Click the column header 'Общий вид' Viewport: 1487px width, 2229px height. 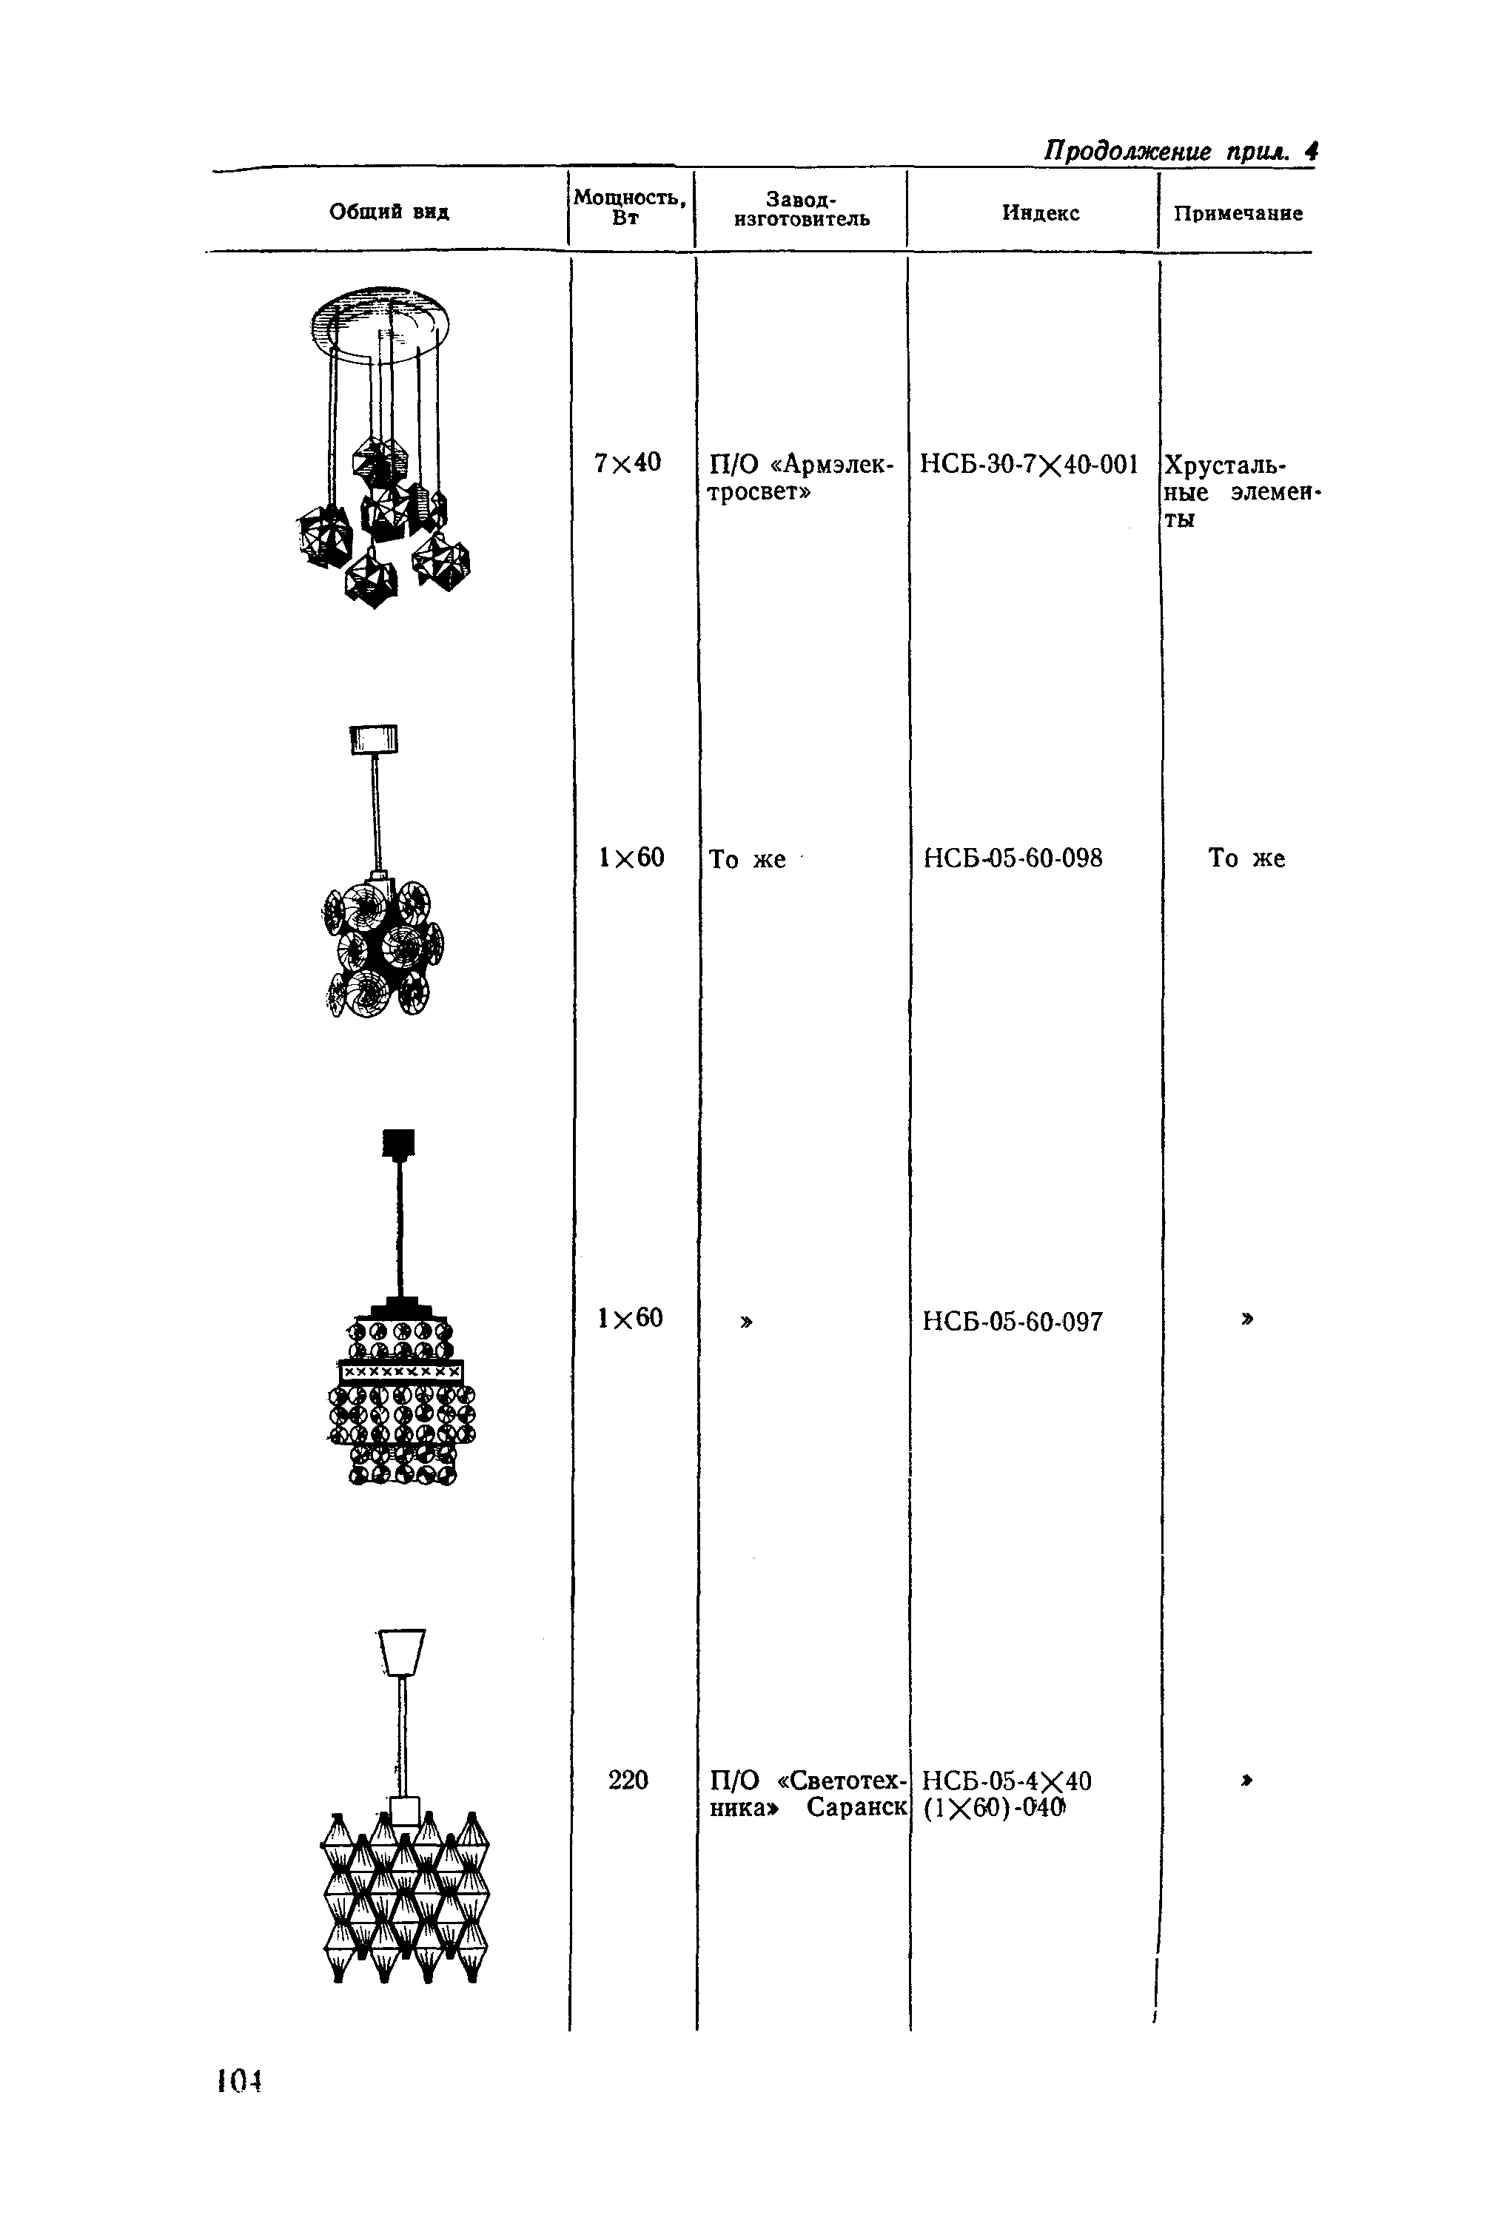389,212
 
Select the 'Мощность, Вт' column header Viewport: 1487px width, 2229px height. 628,206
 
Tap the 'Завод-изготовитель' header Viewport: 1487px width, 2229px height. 802,209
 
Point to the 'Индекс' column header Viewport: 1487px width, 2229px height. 1041,213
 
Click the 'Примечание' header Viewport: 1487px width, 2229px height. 1238,213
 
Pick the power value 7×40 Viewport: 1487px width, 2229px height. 627,463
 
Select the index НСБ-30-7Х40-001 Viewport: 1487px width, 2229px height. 1029,465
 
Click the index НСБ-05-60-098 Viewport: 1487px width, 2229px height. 1012,858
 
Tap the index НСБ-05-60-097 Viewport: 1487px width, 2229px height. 1012,1322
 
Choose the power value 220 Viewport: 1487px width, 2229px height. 628,1781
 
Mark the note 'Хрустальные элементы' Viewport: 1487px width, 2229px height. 1241,491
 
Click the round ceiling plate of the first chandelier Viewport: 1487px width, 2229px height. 380,323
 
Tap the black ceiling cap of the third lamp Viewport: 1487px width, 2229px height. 398,1143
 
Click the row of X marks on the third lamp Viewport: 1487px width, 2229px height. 401,1372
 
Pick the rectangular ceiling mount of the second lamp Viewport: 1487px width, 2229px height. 374,739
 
